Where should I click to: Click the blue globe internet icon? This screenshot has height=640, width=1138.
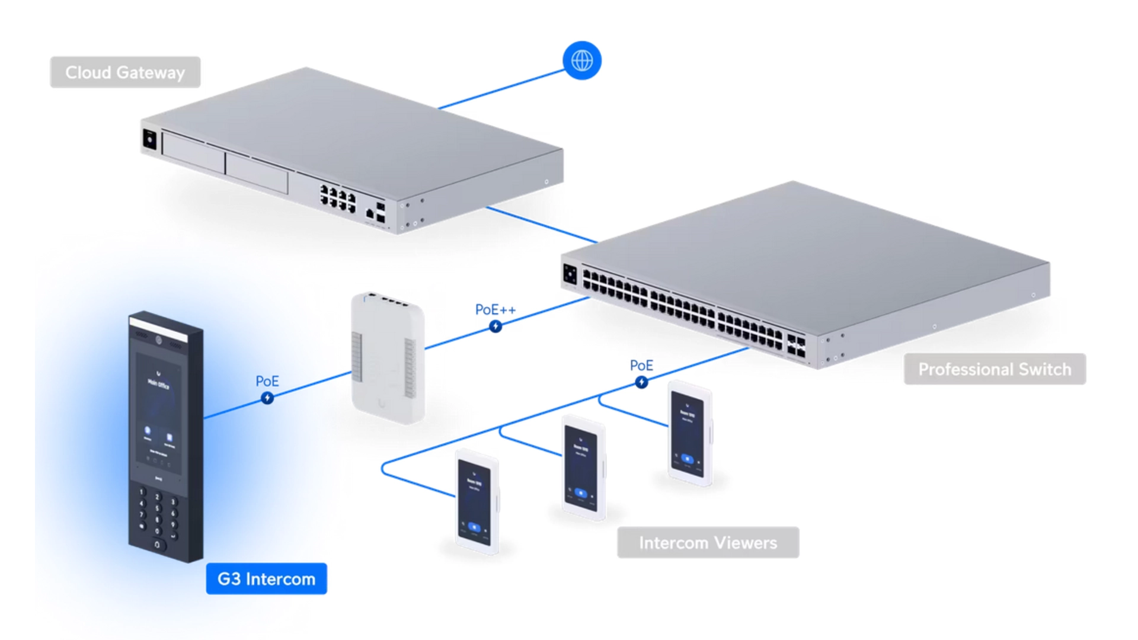(581, 60)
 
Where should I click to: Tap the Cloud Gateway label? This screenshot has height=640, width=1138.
(125, 72)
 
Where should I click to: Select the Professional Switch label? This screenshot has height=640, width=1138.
(995, 369)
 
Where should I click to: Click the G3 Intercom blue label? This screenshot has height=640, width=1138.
(266, 579)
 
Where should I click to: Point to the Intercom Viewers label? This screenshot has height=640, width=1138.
(708, 543)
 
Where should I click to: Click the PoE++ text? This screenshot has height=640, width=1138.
(496, 310)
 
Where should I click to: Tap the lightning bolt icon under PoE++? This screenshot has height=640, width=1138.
(496, 327)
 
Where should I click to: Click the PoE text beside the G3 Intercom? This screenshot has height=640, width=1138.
(267, 381)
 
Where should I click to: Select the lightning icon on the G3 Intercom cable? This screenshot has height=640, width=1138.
(267, 398)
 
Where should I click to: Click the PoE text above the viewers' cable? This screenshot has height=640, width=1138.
(641, 366)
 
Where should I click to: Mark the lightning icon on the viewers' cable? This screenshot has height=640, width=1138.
(641, 383)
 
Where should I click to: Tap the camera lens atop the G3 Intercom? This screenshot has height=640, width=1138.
(158, 340)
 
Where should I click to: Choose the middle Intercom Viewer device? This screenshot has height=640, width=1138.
(583, 468)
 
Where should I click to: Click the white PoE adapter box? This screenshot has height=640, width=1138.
(388, 359)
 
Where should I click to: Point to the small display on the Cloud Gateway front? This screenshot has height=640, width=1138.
(149, 140)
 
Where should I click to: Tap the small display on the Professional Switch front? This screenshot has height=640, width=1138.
(570, 274)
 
